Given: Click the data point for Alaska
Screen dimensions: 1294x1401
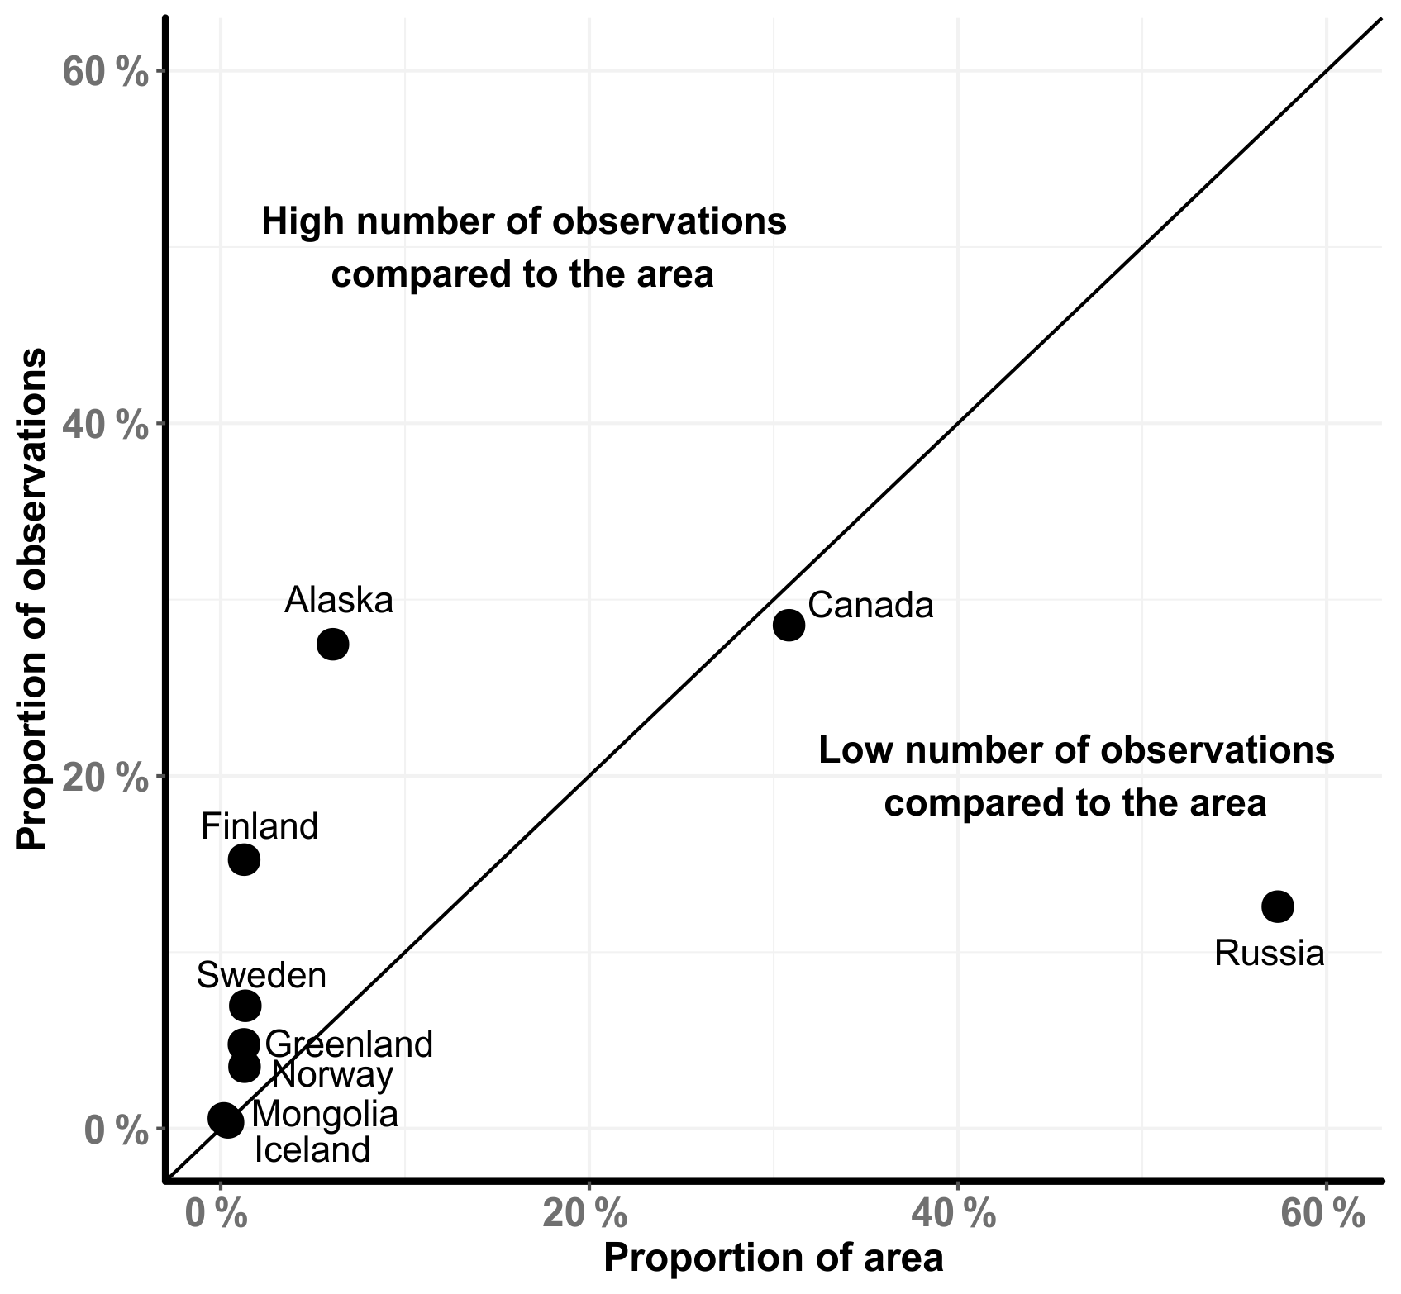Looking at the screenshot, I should click(332, 644).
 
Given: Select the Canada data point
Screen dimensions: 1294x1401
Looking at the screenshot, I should click(789, 625).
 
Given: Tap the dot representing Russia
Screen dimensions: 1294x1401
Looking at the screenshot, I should click(1277, 906).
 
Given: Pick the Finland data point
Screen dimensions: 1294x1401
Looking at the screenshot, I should click(244, 859).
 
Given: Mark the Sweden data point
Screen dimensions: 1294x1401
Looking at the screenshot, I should click(245, 1006).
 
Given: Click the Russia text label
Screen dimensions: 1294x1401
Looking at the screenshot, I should click(1269, 954).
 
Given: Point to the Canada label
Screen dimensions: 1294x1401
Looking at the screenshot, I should click(870, 606).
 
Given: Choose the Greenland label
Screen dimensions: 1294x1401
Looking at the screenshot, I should click(350, 1044).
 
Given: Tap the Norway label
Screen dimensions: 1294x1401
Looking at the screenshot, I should click(332, 1075).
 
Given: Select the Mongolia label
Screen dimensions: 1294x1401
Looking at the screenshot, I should click(325, 1115).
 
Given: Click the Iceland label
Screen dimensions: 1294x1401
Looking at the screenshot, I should click(312, 1149).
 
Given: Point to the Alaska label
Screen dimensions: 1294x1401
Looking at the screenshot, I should click(339, 601).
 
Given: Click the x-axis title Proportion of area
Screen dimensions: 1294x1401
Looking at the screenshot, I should click(773, 1258).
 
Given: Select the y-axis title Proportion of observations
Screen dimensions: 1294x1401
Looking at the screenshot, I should click(33, 600).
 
